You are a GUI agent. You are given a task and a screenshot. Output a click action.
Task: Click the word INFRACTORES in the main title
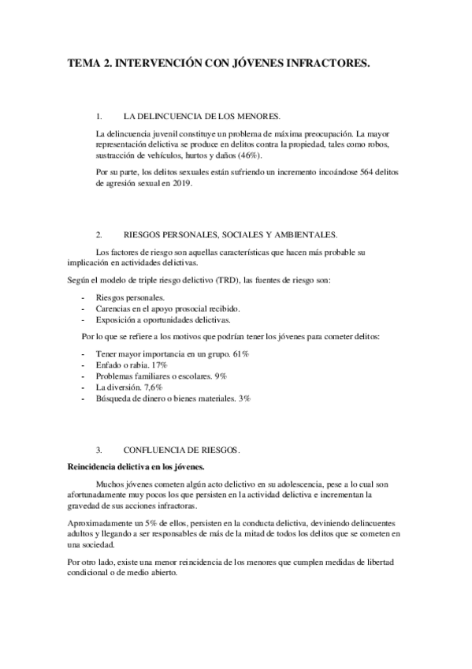tap(324, 68)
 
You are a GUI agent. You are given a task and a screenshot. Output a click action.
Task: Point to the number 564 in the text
tap(336, 174)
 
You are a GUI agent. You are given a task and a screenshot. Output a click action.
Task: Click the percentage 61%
tap(241, 355)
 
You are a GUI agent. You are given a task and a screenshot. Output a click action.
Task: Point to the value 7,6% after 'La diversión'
tap(151, 388)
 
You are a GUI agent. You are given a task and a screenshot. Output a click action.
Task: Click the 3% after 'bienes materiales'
tap(244, 399)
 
